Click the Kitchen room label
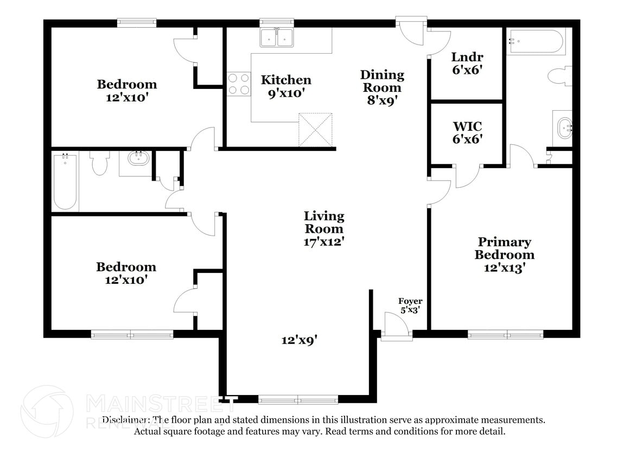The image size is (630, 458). pos(286,80)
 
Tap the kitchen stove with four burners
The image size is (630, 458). pos(238,84)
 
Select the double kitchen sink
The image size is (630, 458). pos(277,37)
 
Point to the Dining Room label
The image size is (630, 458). pos(383,81)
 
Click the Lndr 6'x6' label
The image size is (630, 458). pos(467,63)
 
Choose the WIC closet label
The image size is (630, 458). pos(467,127)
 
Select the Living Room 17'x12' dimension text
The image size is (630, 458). pos(323,241)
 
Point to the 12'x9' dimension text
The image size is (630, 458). pos(299,340)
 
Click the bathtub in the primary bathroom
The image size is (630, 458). pos(536,41)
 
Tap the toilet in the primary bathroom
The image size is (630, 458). pos(559,76)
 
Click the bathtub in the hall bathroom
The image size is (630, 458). pos(65,181)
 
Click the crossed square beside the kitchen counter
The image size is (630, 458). pos(315,130)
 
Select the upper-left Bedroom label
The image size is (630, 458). pos(127,84)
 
